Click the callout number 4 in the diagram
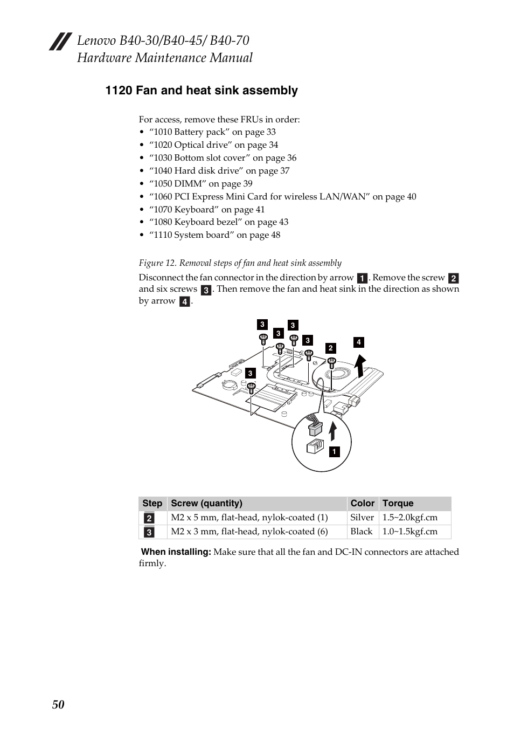coord(358,342)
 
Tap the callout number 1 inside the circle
coord(334,452)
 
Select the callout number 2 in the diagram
coord(331,348)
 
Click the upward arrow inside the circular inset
coord(333,431)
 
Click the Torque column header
coord(398,503)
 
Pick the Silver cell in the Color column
coord(362,517)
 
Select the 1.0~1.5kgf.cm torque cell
coord(409,531)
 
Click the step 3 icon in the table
coord(149,532)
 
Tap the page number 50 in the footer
coord(58,705)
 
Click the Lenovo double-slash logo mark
coord(60,42)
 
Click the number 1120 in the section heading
coord(119,90)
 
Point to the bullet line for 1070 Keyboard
coord(207,209)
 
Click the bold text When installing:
coord(176,552)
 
